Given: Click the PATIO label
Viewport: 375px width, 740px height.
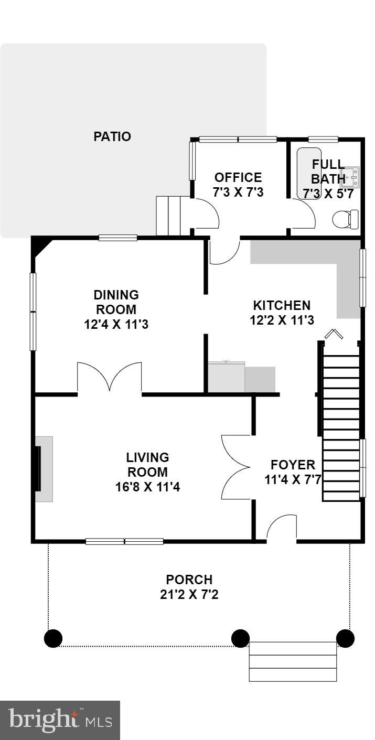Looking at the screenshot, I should [x=112, y=137].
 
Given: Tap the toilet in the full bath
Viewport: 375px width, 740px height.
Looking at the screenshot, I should [x=346, y=218].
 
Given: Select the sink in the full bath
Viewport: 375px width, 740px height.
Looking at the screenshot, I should [x=350, y=177].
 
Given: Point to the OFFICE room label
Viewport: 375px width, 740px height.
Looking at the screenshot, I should [x=238, y=177].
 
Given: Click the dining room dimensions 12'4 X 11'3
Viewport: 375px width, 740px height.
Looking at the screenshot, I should [x=116, y=325].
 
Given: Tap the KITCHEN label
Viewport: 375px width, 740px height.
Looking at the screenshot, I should [x=282, y=305].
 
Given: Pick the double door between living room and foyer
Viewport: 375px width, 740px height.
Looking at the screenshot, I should [x=236, y=467].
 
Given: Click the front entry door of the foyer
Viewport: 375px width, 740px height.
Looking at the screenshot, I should [x=281, y=528].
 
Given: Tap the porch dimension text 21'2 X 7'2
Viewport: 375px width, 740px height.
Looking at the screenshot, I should [x=189, y=595].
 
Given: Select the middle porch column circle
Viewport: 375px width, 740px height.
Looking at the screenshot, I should [x=240, y=638].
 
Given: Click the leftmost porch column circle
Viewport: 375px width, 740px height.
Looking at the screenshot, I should [x=53, y=638].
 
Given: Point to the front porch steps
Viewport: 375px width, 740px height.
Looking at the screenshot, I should [x=293, y=661].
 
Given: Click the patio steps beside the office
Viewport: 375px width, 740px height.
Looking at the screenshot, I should [x=168, y=216].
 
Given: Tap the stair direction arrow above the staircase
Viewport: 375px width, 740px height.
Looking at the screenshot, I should [x=333, y=334].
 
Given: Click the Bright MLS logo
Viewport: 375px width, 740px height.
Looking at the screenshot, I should [x=60, y=720].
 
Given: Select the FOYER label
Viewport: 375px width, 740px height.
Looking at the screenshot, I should [x=293, y=465].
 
